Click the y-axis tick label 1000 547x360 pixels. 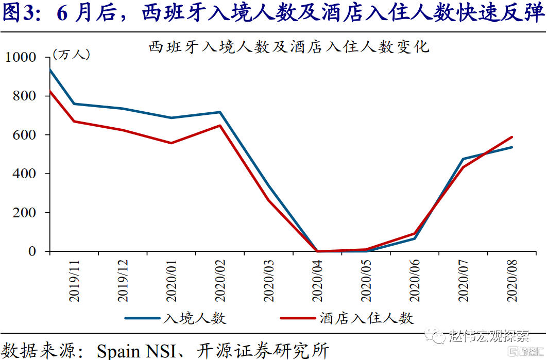coord(21,57)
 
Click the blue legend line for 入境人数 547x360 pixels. coord(142,318)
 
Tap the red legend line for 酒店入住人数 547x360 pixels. coord(298,318)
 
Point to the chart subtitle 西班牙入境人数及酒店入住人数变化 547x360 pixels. coord(288,47)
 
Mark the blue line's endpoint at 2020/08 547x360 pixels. coord(512,147)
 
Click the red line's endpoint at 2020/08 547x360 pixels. coord(512,137)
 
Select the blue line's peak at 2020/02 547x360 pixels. coord(220,112)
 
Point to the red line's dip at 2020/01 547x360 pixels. coord(172,143)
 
